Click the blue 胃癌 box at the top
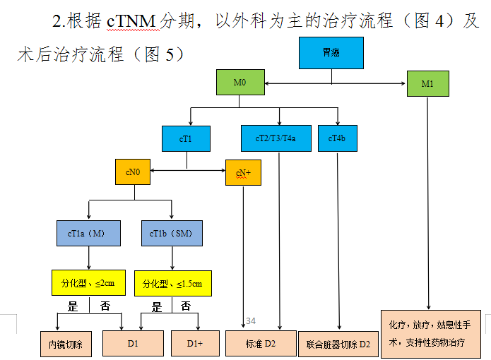click(331, 53)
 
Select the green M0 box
click(239, 83)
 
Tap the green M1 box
click(427, 84)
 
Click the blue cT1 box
click(186, 138)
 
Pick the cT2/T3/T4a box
click(275, 138)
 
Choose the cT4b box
click(337, 138)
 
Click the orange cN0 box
click(132, 172)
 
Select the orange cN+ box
click(243, 172)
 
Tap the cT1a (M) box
click(88, 233)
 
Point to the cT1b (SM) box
click(172, 233)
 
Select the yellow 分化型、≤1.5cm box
click(172, 283)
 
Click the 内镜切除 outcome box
click(65, 344)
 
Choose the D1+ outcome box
click(195, 344)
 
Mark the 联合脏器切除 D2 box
click(338, 344)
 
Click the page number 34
click(250, 322)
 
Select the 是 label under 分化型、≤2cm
click(73, 307)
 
